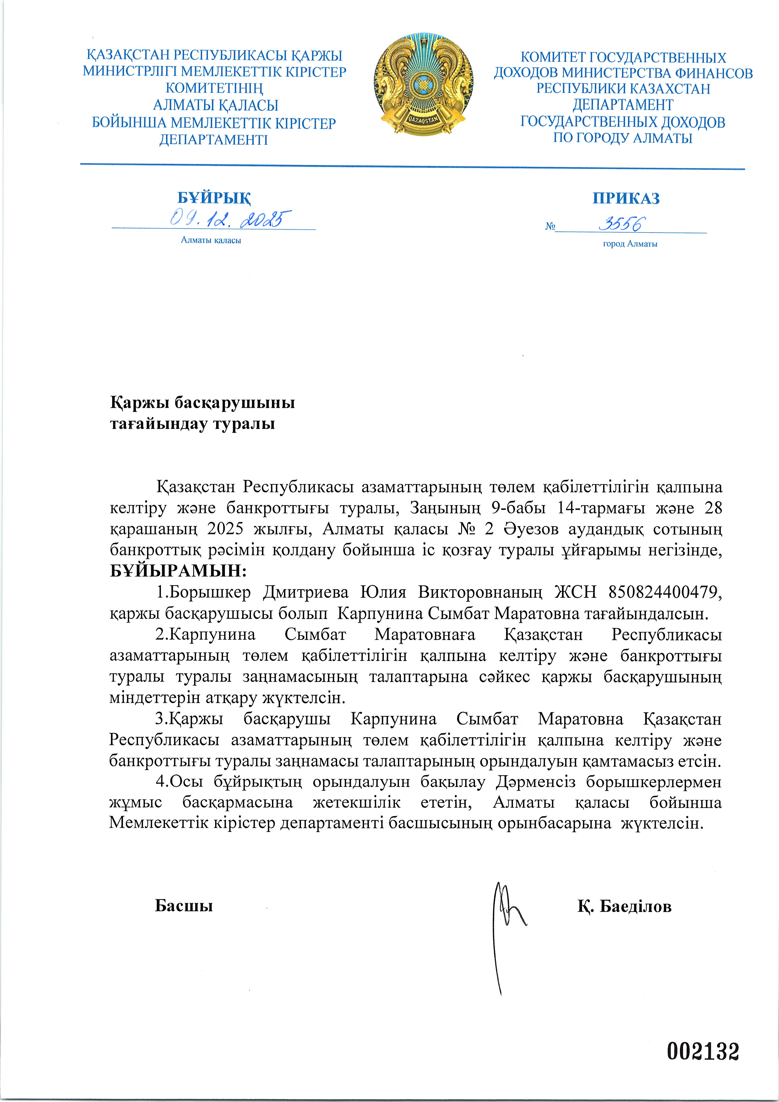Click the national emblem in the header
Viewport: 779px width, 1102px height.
tap(424, 85)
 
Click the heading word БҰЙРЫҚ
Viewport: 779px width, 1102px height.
tap(214, 198)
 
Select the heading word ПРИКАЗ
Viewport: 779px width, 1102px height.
tap(626, 198)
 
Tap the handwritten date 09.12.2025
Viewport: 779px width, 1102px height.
tap(230, 219)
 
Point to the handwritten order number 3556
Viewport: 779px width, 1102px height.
tap(622, 224)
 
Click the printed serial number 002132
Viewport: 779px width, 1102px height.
tap(703, 1051)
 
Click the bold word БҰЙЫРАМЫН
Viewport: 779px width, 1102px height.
tap(177, 571)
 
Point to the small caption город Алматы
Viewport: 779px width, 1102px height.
tap(630, 244)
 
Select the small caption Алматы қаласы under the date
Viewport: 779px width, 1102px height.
tap(211, 240)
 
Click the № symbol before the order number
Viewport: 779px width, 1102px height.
tap(550, 226)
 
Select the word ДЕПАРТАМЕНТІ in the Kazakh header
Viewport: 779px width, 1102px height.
tap(214, 140)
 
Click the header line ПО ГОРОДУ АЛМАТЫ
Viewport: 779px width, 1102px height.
tap(623, 138)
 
